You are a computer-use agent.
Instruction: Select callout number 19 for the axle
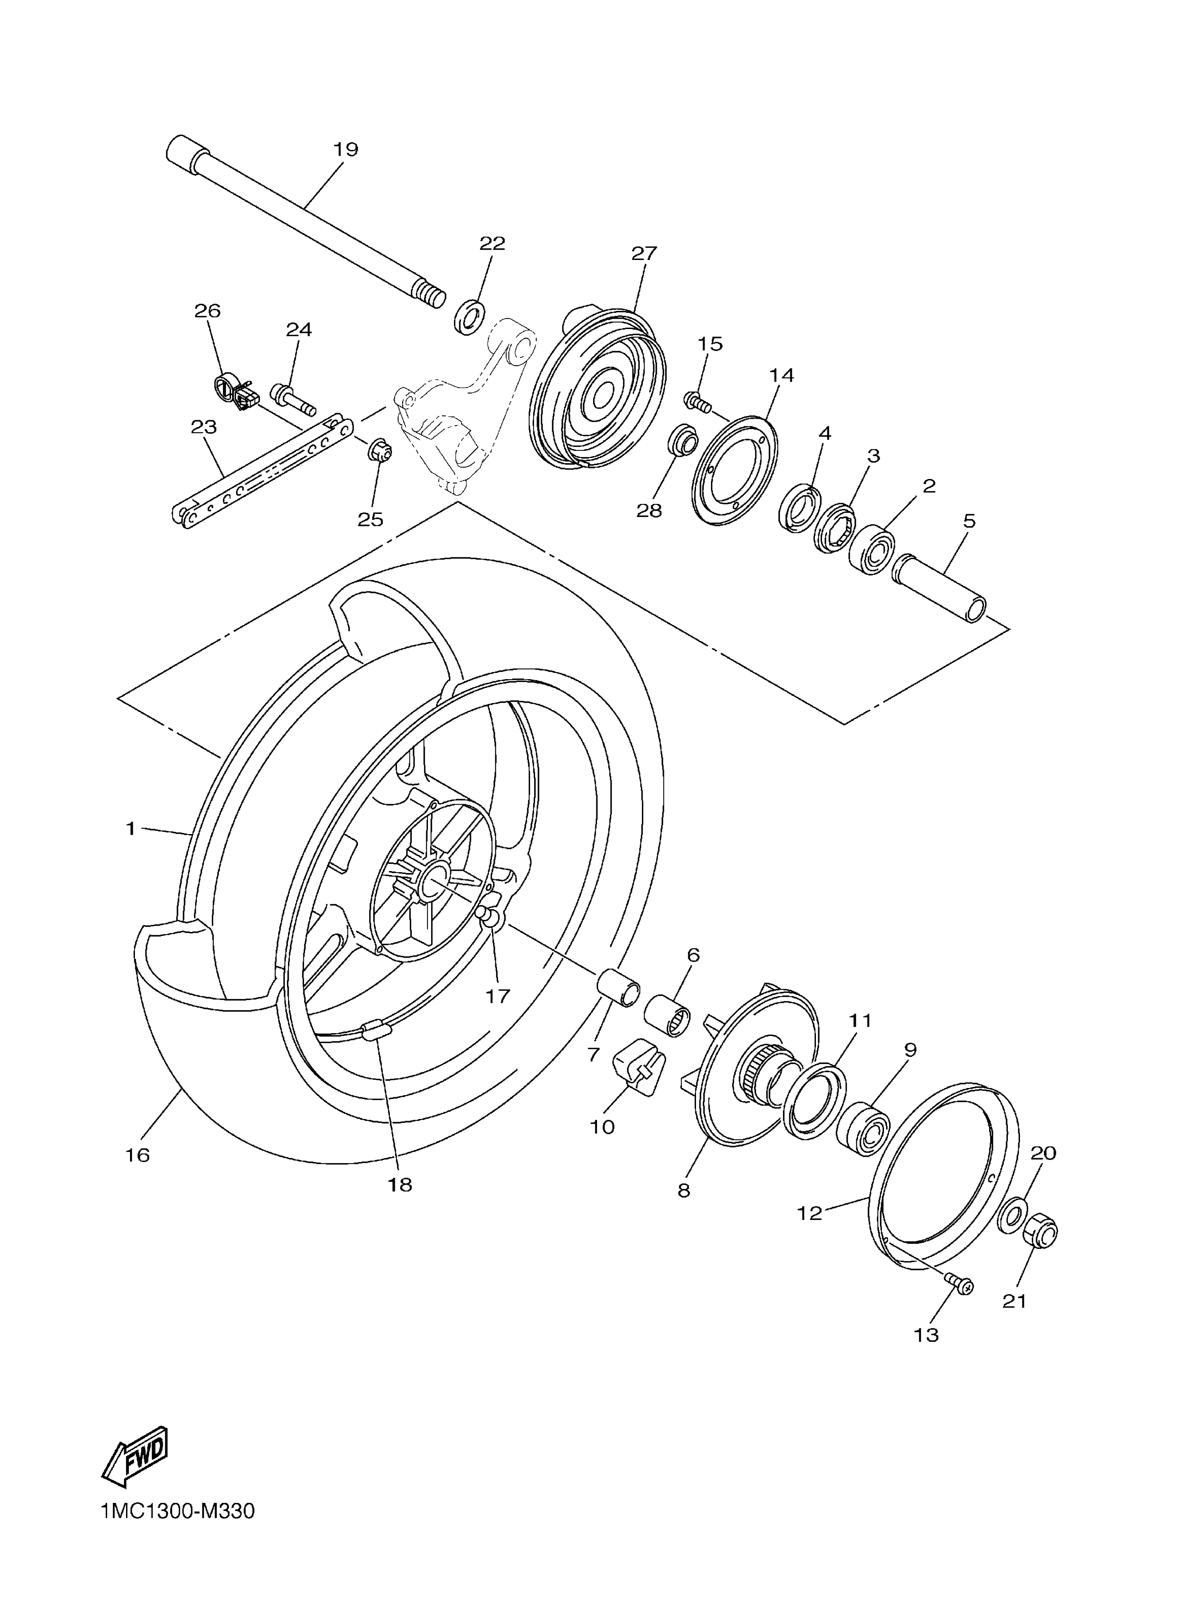click(x=346, y=150)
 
